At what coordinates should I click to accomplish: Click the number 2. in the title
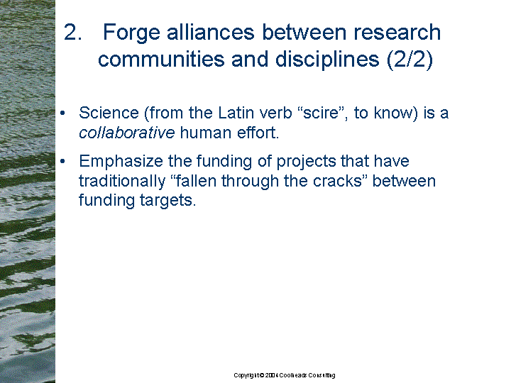coord(72,32)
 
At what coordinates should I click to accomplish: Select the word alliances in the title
coord(211,32)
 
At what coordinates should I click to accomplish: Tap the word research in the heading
coord(397,32)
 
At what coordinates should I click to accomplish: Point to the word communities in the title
coord(161,59)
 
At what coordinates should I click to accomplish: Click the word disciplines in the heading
coord(327,60)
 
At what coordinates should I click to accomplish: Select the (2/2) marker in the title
coord(410,60)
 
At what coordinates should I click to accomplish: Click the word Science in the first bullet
coord(109,113)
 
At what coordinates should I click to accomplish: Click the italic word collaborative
coord(127,133)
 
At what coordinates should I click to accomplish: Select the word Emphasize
coord(121,161)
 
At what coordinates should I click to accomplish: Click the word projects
coord(306,162)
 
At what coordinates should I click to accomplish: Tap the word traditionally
coord(122,182)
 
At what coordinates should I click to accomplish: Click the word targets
coord(167,201)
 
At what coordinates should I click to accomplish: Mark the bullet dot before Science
coord(63,113)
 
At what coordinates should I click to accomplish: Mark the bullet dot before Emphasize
coord(63,161)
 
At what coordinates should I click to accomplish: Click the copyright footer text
coord(284,375)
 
